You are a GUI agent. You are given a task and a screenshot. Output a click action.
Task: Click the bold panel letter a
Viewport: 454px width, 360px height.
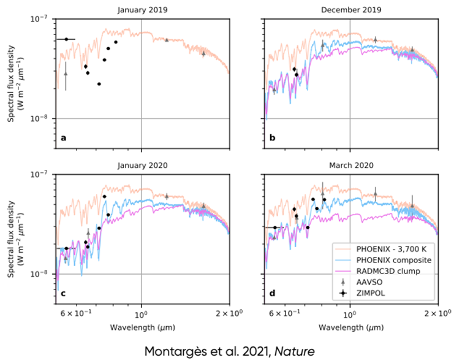point(63,138)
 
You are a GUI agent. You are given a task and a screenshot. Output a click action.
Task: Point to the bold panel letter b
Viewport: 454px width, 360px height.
point(272,138)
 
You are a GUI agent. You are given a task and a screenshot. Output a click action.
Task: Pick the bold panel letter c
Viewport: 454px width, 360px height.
point(63,293)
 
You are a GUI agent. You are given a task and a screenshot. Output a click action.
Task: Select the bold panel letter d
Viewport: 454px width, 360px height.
point(272,293)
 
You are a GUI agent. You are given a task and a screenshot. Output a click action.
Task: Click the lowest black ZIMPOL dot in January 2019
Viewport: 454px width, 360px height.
point(99,84)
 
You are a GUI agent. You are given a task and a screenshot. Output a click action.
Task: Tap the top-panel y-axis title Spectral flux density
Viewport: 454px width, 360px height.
point(12,82)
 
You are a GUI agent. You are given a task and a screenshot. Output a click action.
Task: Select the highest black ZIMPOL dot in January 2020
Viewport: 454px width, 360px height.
point(105,197)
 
